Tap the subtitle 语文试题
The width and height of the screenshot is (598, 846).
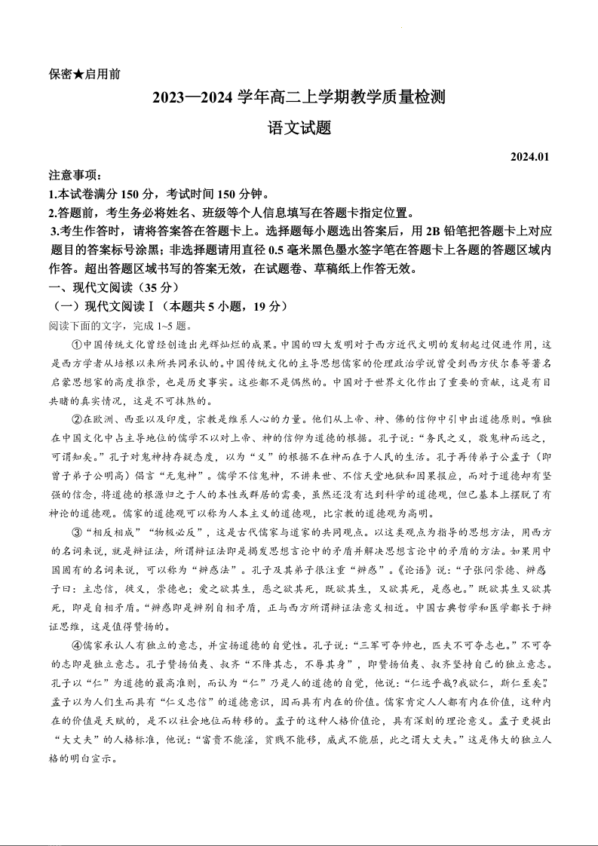pos(299,128)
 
